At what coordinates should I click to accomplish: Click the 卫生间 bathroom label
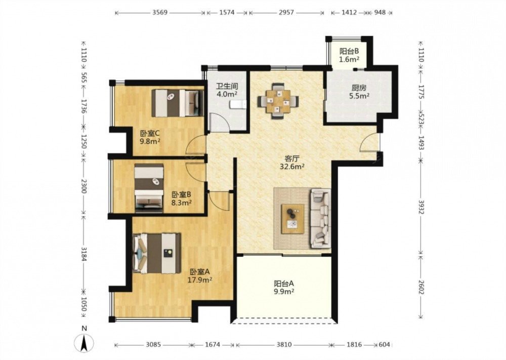(x=227, y=86)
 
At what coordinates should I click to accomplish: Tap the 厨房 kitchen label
(x=359, y=88)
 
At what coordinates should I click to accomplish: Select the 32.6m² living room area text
(x=292, y=167)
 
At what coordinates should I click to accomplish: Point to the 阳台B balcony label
(x=349, y=51)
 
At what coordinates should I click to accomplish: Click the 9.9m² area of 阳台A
(x=284, y=292)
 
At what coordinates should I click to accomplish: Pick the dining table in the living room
(x=278, y=101)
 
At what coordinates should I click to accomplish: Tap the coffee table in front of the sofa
(x=292, y=219)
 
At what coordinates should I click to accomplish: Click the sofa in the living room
(x=320, y=219)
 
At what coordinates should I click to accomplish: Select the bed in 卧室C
(x=178, y=103)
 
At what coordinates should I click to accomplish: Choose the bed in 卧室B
(x=149, y=188)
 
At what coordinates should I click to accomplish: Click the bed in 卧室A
(x=156, y=253)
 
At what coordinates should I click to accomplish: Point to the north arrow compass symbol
(x=84, y=343)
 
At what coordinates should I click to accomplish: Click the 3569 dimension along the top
(x=160, y=13)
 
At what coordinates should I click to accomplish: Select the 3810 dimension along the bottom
(x=284, y=345)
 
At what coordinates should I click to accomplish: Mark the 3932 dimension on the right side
(x=421, y=207)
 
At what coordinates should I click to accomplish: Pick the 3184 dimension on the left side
(x=84, y=254)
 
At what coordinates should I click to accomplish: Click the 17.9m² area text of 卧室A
(x=200, y=280)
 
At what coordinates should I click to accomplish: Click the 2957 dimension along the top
(x=286, y=13)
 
